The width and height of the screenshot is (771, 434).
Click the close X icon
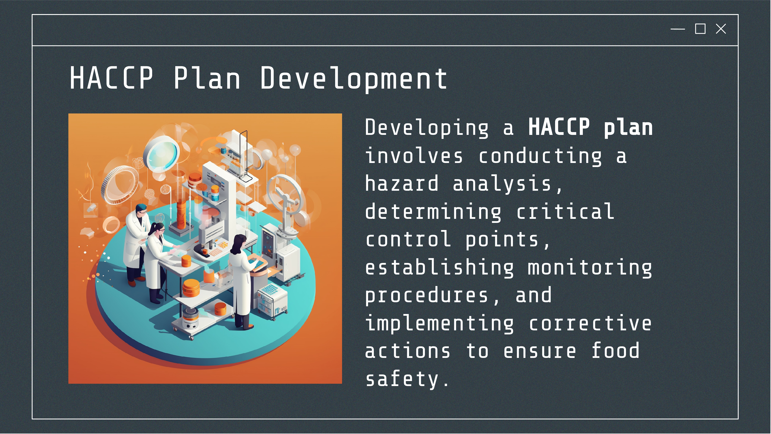click(x=721, y=29)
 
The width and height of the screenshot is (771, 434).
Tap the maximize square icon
click(x=700, y=29)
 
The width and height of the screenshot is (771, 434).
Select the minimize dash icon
click(x=678, y=29)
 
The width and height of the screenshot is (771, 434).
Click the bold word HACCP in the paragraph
click(x=559, y=127)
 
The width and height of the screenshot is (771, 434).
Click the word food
click(x=615, y=350)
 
